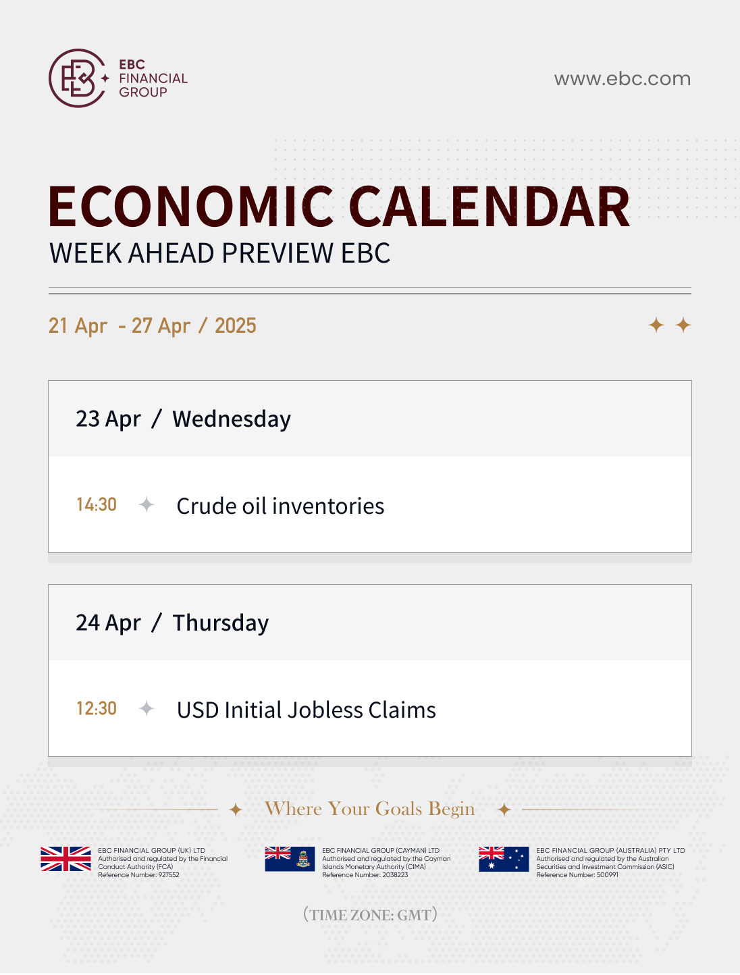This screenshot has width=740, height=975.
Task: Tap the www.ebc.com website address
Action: coord(623,78)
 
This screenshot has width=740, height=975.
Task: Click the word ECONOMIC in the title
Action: coord(191,207)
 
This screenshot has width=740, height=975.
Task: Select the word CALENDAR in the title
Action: coord(489,207)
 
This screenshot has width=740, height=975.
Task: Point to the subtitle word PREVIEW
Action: coord(277,253)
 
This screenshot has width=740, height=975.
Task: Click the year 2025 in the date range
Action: coord(236,325)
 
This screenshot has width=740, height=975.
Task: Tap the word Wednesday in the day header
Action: coord(232,419)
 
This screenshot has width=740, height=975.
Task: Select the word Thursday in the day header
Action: coord(221,623)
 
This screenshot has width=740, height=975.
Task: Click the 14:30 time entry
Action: coord(97,504)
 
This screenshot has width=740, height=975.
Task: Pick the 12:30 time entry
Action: coord(97,708)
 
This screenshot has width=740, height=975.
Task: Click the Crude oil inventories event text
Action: coord(280,506)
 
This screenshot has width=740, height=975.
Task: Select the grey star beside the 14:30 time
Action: coord(146,504)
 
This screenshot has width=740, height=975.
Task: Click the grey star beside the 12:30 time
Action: coord(146,708)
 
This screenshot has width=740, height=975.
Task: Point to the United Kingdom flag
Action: coord(65,859)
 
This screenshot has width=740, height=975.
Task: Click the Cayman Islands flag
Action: coord(290,859)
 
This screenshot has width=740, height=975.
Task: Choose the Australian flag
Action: coord(504,859)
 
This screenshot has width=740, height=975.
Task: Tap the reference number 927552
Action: coord(169,874)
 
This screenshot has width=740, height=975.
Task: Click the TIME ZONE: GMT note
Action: coord(371,915)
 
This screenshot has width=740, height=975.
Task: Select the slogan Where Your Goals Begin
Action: coord(369,808)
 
